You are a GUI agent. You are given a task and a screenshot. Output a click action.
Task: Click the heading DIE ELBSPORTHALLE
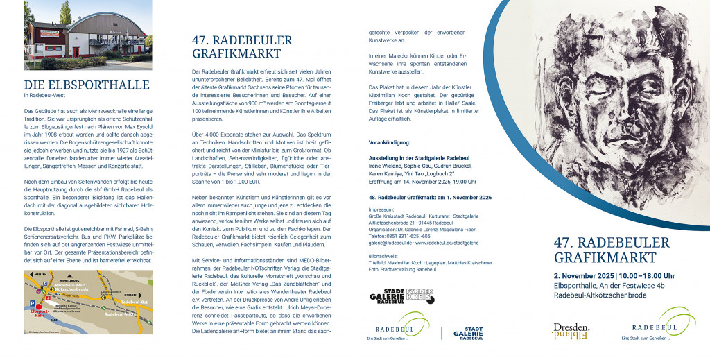click(87, 85)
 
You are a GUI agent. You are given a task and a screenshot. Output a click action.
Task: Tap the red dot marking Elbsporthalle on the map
click(40, 305)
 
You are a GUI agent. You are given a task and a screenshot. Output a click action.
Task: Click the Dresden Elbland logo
click(571, 330)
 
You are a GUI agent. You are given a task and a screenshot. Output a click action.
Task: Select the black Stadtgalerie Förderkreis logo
click(402, 296)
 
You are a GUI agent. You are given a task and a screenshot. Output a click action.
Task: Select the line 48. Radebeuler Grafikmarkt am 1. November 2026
click(430, 198)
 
